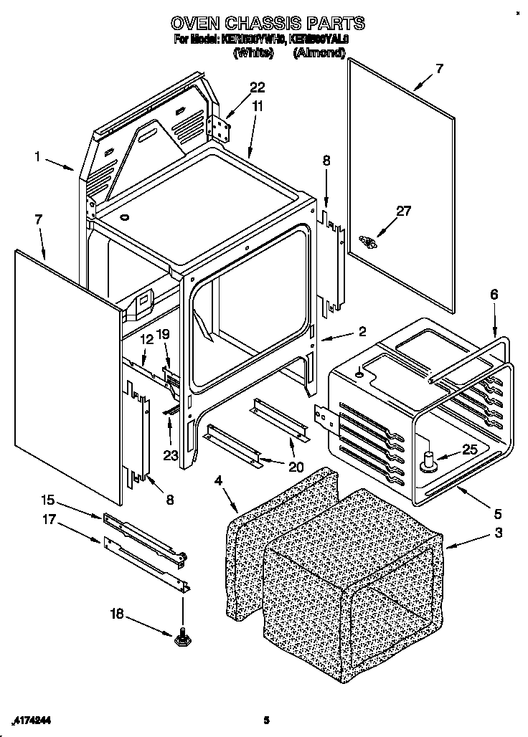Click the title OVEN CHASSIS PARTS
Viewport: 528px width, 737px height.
tap(263, 23)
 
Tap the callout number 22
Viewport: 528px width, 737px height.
tap(257, 88)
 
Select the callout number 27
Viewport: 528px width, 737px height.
tap(404, 211)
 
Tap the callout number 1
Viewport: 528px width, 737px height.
tap(37, 155)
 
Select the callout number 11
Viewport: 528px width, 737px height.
tap(258, 106)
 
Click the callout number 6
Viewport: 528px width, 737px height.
tap(494, 295)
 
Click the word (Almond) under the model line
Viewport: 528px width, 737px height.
tap(319, 53)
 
